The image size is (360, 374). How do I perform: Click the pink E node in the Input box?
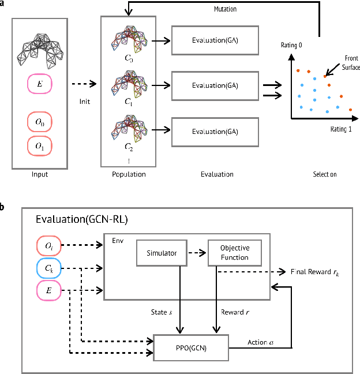click(40, 84)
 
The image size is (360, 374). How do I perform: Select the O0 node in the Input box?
click(40, 122)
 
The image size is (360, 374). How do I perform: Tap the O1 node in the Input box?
click(40, 146)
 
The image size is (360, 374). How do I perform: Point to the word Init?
click(85, 102)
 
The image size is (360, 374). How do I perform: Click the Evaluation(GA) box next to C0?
click(215, 40)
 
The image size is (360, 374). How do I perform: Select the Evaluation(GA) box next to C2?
click(215, 132)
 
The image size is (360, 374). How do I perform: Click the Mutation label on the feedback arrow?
click(225, 9)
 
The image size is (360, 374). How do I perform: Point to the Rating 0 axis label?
click(291, 45)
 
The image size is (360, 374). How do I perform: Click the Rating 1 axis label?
click(341, 129)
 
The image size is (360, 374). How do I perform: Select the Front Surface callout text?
click(351, 63)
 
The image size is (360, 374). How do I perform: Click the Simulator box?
click(162, 253)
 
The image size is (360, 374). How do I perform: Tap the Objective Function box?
click(235, 253)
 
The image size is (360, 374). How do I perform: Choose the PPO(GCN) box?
click(191, 348)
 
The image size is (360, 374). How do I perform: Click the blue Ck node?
click(49, 268)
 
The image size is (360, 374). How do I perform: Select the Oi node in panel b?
click(49, 246)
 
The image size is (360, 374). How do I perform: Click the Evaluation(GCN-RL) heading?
click(82, 219)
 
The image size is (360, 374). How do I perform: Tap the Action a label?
click(260, 342)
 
